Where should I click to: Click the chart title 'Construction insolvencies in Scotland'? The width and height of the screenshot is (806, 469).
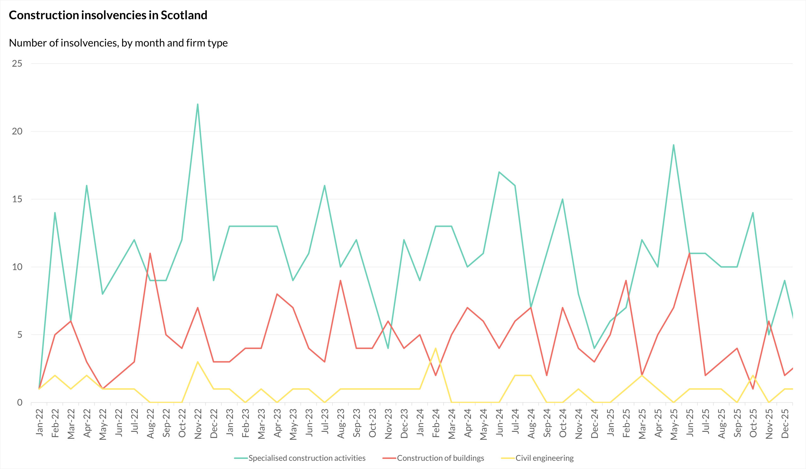108,15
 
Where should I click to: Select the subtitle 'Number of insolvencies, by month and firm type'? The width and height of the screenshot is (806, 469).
118,43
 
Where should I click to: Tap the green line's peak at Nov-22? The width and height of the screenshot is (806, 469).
198,104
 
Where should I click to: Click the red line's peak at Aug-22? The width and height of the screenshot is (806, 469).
150,253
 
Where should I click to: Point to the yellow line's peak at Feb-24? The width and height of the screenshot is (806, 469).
436,348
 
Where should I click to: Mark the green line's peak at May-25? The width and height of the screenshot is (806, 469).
673,145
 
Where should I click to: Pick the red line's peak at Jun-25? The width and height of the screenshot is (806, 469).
689,253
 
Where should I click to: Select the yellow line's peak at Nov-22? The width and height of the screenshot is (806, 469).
198,362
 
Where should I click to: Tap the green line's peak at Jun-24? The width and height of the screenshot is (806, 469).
499,172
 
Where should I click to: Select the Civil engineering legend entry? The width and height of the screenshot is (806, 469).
537,458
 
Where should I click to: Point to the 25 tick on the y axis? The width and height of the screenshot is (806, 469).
17,63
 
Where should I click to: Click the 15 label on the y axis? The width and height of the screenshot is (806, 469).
17,199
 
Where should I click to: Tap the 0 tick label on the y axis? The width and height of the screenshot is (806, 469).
20,403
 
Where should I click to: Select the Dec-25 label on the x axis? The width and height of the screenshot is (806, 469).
785,423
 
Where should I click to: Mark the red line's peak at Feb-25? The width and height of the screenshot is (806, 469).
626,281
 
